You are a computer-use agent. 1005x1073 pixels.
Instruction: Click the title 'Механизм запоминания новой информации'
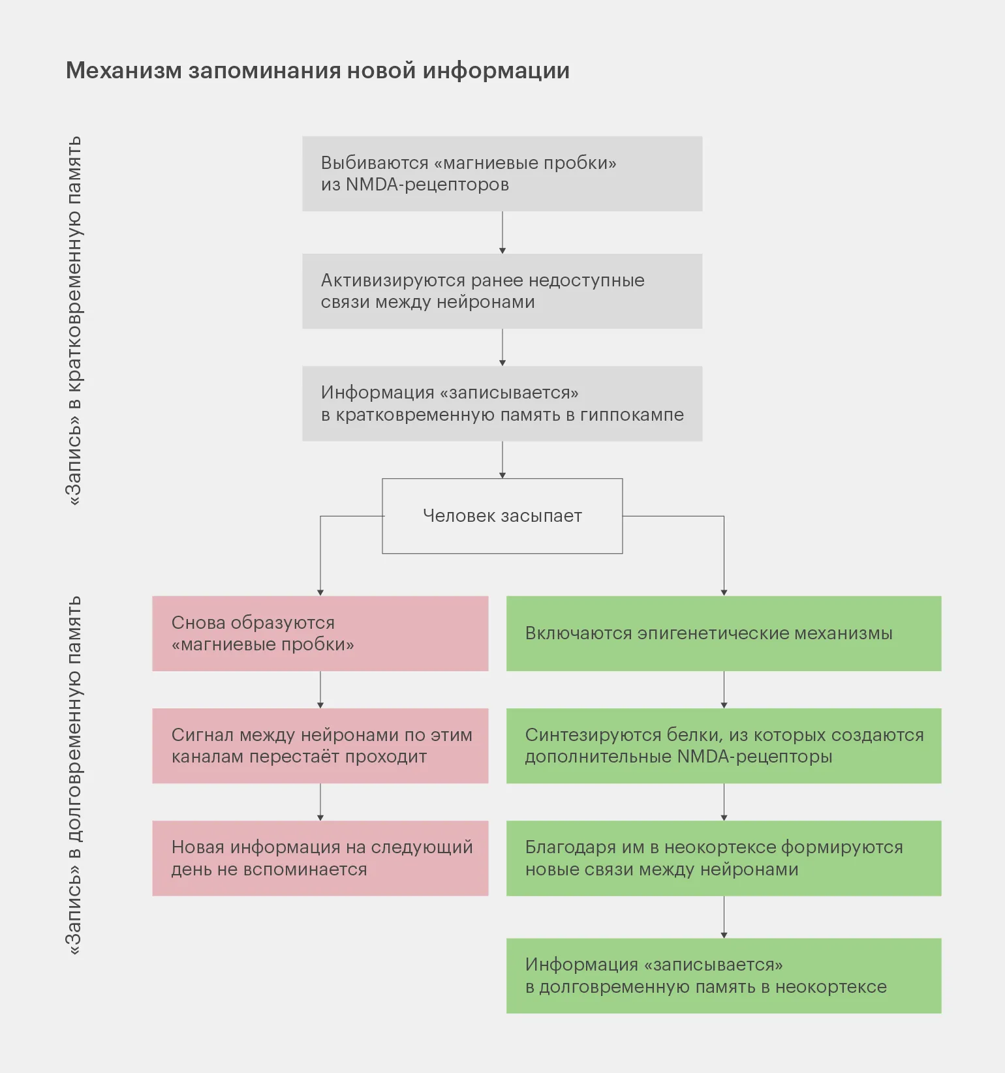pyautogui.click(x=317, y=70)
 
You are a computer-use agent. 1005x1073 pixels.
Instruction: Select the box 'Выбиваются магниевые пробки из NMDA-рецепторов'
pyautogui.click(x=502, y=174)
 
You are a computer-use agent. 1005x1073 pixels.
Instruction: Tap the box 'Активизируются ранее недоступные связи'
pyautogui.click(x=502, y=291)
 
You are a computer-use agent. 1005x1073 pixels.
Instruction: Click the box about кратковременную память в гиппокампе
pyautogui.click(x=502, y=403)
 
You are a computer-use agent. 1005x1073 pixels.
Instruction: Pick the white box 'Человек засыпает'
pyautogui.click(x=502, y=516)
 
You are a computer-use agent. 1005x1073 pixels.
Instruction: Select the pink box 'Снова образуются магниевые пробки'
pyautogui.click(x=320, y=633)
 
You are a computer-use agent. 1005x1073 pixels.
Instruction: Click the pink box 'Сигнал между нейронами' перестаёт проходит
pyautogui.click(x=320, y=746)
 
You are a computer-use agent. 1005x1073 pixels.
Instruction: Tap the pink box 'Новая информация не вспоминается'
pyautogui.click(x=320, y=858)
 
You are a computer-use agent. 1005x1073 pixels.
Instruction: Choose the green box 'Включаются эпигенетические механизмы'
pyautogui.click(x=724, y=633)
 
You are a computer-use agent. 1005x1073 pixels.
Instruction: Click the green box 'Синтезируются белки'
pyautogui.click(x=724, y=746)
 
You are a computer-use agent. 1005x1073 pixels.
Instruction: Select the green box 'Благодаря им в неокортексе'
pyautogui.click(x=724, y=858)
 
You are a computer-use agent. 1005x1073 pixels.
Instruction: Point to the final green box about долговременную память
pyautogui.click(x=724, y=975)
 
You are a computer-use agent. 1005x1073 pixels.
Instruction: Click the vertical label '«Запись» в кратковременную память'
pyautogui.click(x=74, y=320)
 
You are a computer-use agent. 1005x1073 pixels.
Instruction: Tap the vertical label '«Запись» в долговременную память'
pyautogui.click(x=74, y=776)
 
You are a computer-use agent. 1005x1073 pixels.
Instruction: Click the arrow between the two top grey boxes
pyautogui.click(x=502, y=232)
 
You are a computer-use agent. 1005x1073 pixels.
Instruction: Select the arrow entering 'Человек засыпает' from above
pyautogui.click(x=502, y=460)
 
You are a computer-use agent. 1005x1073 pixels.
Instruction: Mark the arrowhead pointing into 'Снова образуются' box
pyautogui.click(x=320, y=592)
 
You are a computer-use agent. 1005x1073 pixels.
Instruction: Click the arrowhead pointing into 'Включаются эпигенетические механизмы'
pyautogui.click(x=724, y=592)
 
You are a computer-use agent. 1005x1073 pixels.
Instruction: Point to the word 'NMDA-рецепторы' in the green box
pyautogui.click(x=754, y=757)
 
